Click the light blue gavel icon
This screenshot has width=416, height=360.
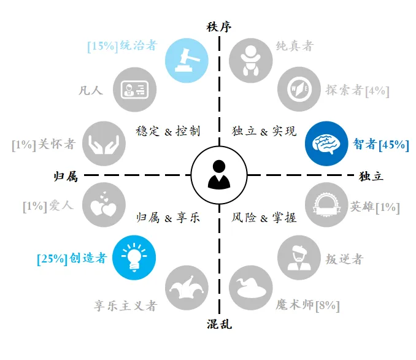tap(187, 61)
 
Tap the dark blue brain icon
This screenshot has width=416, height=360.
tap(326, 144)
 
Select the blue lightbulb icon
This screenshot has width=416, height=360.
tap(134, 258)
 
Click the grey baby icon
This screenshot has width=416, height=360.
tap(251, 61)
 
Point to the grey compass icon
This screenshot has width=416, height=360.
tap(299, 89)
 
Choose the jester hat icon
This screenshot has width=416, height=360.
tap(187, 288)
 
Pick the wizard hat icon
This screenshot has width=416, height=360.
tap(251, 288)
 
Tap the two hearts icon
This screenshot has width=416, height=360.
tap(104, 205)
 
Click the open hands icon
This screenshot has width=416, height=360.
tap(104, 144)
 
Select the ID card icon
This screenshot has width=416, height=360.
tap(134, 90)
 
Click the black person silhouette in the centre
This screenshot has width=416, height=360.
tap(219, 175)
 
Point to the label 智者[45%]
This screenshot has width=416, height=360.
tap(381, 145)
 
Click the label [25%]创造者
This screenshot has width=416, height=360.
tap(72, 259)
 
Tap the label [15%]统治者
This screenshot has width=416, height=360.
tap(123, 46)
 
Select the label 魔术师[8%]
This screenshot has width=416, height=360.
tap(308, 305)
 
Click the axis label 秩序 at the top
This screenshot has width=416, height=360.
tap(219, 27)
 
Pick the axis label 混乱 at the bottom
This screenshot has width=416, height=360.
tap(220, 324)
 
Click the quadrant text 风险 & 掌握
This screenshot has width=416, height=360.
tap(264, 218)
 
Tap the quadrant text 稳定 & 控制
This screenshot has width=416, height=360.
tap(168, 131)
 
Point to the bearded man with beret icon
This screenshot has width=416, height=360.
tap(299, 258)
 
